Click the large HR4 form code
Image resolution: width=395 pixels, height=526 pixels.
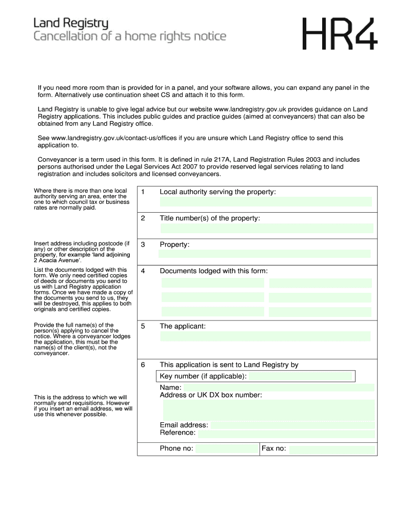click(340, 34)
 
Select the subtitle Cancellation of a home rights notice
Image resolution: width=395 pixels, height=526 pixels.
click(130, 36)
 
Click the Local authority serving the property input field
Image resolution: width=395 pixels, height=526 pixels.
click(266, 201)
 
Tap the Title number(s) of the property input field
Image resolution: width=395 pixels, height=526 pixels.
click(267, 228)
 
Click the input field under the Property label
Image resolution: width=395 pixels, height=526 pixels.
click(265, 254)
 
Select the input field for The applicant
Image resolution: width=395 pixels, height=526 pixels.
click(265, 336)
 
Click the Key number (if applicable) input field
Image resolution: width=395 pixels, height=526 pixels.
click(301, 377)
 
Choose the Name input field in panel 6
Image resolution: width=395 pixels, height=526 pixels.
click(279, 387)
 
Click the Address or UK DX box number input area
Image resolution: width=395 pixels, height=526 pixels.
click(269, 410)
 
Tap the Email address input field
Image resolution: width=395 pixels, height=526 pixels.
click(292, 425)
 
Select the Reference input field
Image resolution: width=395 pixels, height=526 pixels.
click(286, 433)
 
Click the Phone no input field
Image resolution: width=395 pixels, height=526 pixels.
click(226, 449)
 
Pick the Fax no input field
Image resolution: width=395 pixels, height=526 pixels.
click(332, 450)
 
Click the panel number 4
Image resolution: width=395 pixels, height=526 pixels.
click(143, 271)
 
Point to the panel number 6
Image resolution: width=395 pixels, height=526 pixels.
click(143, 365)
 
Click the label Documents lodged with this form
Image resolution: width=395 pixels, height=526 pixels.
click(213, 271)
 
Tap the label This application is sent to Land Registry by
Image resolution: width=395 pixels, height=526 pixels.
click(229, 365)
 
